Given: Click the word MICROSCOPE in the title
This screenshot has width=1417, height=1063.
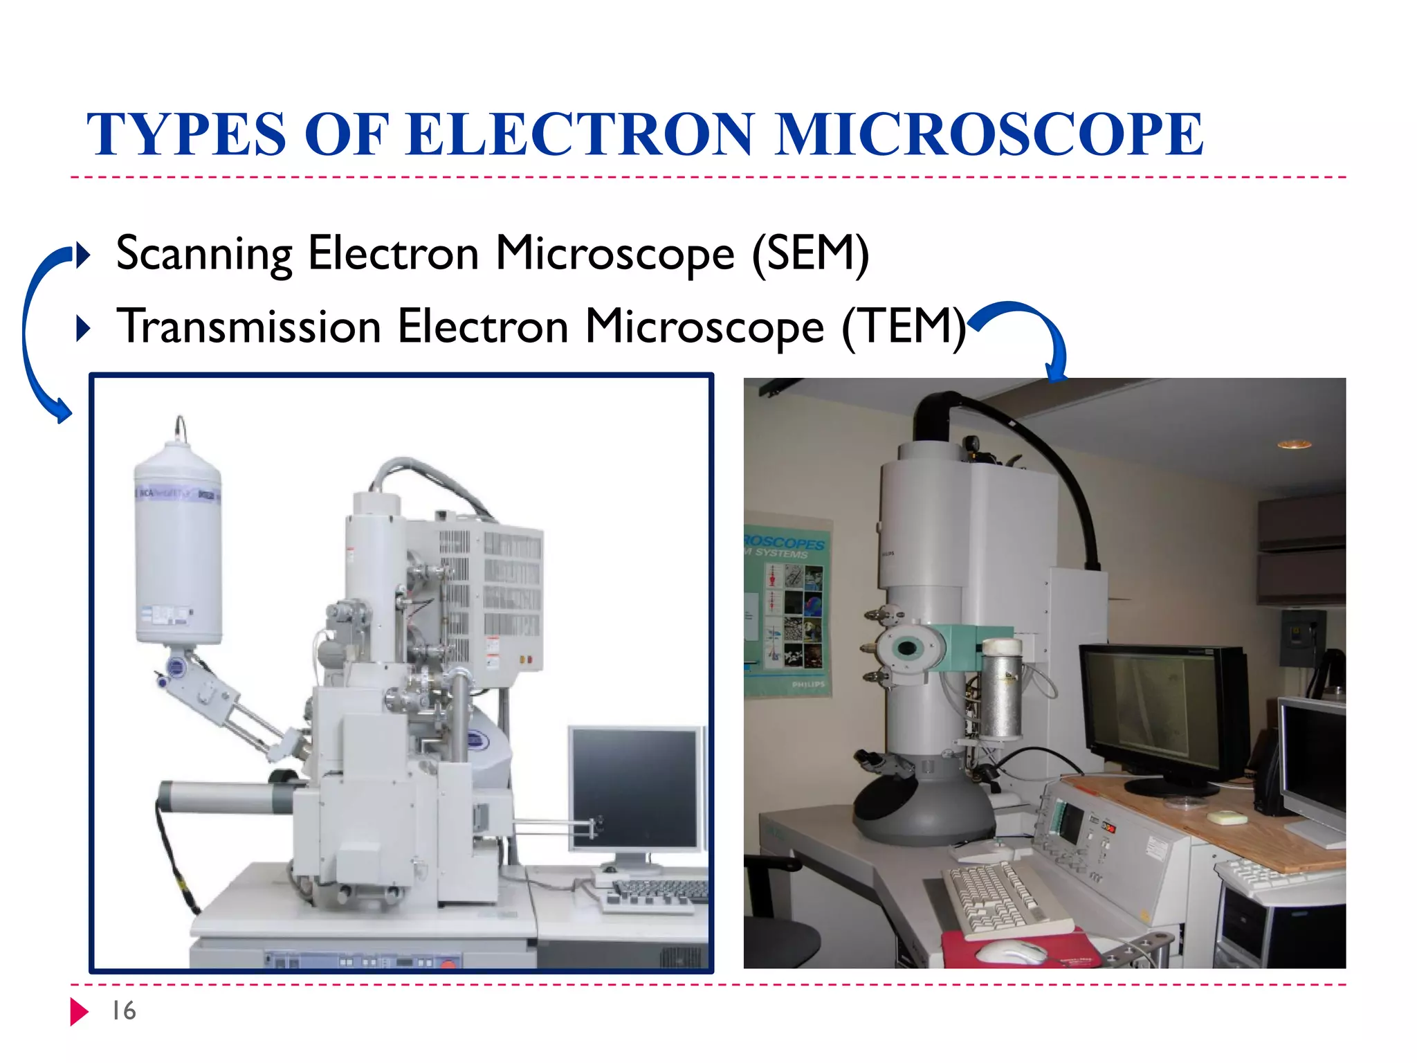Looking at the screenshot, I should point(989,134).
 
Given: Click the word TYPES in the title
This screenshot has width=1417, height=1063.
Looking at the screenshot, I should point(185,134).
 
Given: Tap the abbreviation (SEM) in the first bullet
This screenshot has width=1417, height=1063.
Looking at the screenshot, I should point(810,254).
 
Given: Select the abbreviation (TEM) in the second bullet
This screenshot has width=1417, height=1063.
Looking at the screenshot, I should point(903,327).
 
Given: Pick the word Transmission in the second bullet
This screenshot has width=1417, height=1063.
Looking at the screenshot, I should point(249,327).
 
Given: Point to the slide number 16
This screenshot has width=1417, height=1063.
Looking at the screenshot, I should point(124,1011).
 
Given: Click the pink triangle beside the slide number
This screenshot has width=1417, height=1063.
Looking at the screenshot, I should point(78,1012).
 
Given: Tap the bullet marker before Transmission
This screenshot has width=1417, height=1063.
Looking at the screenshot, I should point(82,329).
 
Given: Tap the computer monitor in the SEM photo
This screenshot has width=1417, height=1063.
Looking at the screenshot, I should point(635,789).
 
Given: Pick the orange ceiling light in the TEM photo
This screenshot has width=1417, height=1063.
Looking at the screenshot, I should point(1294,444).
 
